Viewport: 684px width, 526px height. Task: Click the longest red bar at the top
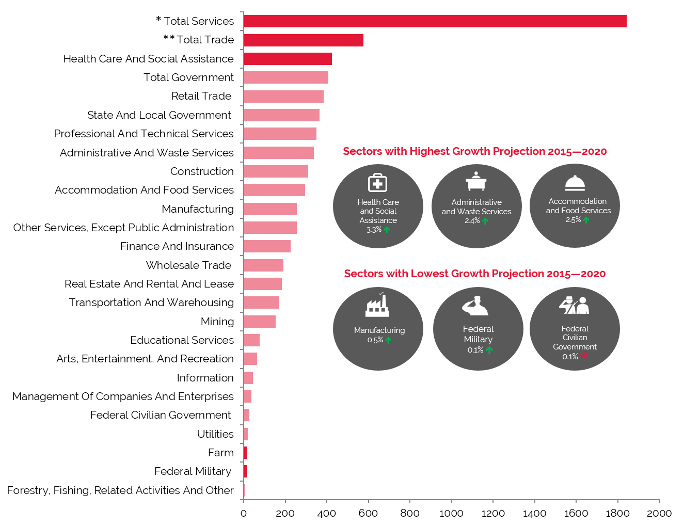click(435, 21)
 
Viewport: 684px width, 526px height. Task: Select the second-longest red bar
click(304, 40)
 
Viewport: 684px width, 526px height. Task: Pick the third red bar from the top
click(288, 59)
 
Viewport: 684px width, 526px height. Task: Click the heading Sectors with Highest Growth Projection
click(474, 151)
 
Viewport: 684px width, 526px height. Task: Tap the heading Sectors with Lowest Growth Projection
click(474, 274)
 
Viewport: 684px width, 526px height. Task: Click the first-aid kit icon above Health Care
click(377, 183)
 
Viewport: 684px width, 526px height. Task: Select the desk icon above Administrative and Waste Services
click(476, 182)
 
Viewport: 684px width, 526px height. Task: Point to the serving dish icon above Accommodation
click(575, 183)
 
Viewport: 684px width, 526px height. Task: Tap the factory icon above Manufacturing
click(377, 305)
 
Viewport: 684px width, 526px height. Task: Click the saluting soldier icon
click(475, 306)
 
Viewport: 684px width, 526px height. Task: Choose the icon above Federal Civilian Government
click(574, 305)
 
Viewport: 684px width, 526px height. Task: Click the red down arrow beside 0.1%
click(584, 355)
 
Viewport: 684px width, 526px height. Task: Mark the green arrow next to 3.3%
click(387, 230)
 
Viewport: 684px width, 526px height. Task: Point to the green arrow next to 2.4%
click(485, 221)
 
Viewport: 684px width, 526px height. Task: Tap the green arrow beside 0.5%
click(388, 340)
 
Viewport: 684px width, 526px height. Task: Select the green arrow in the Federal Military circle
click(489, 350)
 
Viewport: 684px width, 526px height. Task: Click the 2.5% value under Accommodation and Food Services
click(573, 220)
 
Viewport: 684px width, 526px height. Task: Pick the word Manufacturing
click(379, 330)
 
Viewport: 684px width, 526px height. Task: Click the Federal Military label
click(478, 334)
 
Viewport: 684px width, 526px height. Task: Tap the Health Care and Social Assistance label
click(378, 211)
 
